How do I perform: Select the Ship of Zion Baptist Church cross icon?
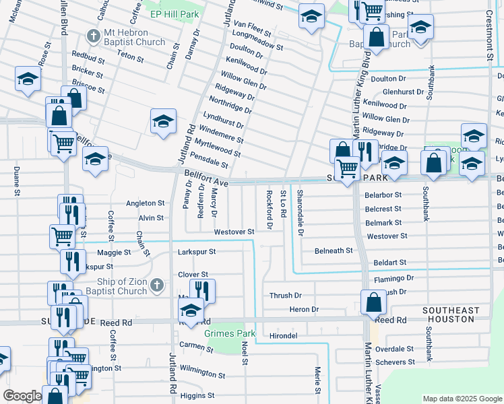(x=156, y=286)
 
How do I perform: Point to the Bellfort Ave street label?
(x=206, y=178)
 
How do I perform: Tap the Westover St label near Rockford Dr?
(x=234, y=232)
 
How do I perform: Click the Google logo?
(x=22, y=396)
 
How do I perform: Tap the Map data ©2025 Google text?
(x=461, y=399)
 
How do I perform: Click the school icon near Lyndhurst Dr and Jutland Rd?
(x=162, y=121)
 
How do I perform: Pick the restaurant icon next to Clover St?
(x=202, y=290)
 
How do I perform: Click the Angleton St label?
(x=145, y=203)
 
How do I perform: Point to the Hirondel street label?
(x=284, y=335)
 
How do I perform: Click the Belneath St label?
(x=334, y=250)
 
